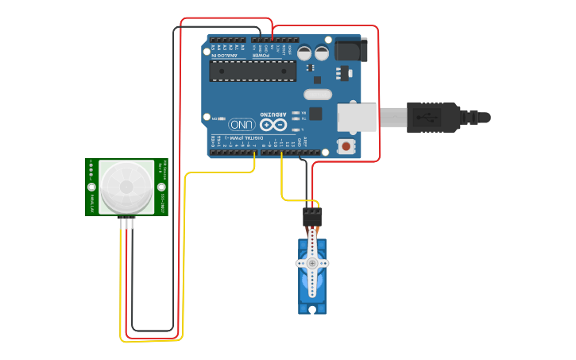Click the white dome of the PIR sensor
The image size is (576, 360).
pos(126,187)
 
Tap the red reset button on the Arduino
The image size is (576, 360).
pos(346,146)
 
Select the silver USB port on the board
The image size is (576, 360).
pos(357,117)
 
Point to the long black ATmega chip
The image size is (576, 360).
pos(253,71)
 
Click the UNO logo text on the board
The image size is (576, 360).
pos(242,125)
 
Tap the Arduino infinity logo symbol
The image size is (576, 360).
pos(272,125)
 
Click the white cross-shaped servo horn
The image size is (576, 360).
pos(312,263)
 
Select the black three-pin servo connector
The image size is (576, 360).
pos(312,215)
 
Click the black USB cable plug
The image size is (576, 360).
pos(433,117)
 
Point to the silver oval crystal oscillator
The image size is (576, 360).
pos(317,95)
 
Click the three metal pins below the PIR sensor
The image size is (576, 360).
pos(127,223)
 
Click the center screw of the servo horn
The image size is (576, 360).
pos(312,263)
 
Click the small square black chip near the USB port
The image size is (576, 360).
pos(316,113)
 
